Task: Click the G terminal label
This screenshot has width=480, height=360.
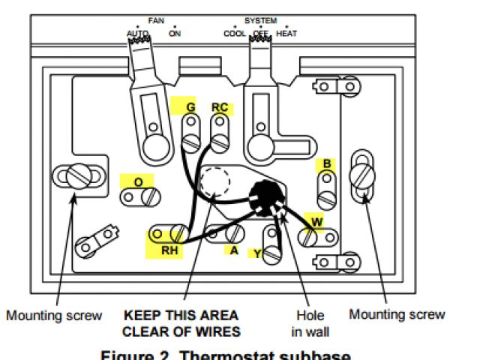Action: coord(190,107)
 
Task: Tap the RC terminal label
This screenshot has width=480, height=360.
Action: coord(220,107)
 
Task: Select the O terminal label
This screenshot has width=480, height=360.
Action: coord(138,181)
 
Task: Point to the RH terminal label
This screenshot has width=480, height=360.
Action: coord(170,250)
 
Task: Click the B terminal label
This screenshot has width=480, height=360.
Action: coord(327,163)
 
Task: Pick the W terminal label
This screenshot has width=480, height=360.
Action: coord(317,221)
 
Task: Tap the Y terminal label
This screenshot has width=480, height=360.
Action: coord(257,254)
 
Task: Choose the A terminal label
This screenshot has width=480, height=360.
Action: coord(234,250)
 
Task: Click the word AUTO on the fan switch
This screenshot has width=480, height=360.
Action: coord(138,34)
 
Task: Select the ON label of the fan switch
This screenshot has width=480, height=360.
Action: coord(175,34)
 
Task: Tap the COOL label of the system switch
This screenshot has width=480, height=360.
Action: coord(235,34)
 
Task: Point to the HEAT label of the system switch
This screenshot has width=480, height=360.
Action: coord(286,34)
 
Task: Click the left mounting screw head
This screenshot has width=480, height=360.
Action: coord(77,177)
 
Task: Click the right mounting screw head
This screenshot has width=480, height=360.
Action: coord(363,178)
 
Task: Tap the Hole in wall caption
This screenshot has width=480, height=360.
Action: coord(310,323)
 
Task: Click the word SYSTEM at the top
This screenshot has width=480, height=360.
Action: coord(260,21)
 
